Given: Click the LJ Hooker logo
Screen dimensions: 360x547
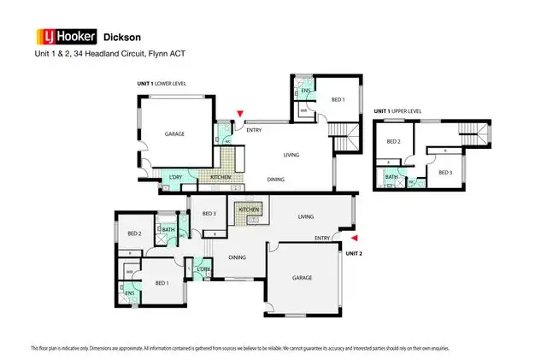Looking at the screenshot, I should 64,37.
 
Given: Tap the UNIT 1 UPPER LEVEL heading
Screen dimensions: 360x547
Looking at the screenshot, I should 404,112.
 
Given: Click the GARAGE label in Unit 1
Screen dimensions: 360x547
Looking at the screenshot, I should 174,134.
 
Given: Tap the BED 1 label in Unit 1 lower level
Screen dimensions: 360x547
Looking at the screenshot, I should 338,100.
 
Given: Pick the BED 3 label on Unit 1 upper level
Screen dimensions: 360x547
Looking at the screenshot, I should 444,173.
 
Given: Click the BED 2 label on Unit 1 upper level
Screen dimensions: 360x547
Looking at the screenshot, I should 393,142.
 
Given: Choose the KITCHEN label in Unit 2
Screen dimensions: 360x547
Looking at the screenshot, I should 249,210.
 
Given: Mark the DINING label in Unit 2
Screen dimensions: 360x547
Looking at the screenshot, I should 237,257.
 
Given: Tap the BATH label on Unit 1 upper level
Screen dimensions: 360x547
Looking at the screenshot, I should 391,177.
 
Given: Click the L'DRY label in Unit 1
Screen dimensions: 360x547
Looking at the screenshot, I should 176,177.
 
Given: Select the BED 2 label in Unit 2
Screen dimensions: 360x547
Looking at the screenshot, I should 134,233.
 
